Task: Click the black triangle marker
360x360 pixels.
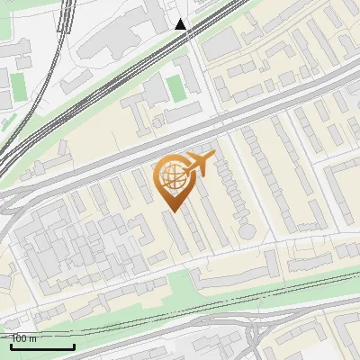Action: click(181, 24)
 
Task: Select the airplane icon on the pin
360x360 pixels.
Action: click(200, 163)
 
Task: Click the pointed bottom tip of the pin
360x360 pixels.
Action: click(173, 211)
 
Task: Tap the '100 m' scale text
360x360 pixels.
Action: click(24, 338)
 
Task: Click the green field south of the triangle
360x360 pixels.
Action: click(175, 87)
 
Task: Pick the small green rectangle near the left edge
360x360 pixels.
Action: click(18, 85)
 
